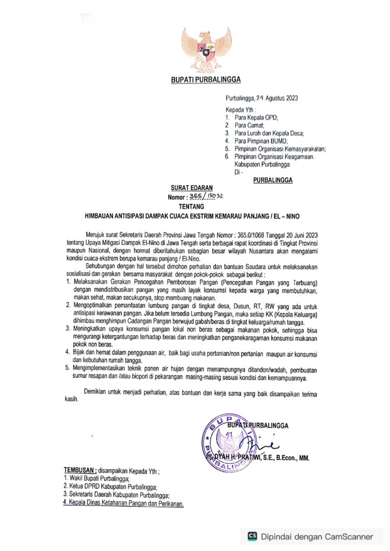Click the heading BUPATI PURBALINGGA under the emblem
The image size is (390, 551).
pos(206,80)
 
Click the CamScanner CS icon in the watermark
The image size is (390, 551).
pos(252,536)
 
